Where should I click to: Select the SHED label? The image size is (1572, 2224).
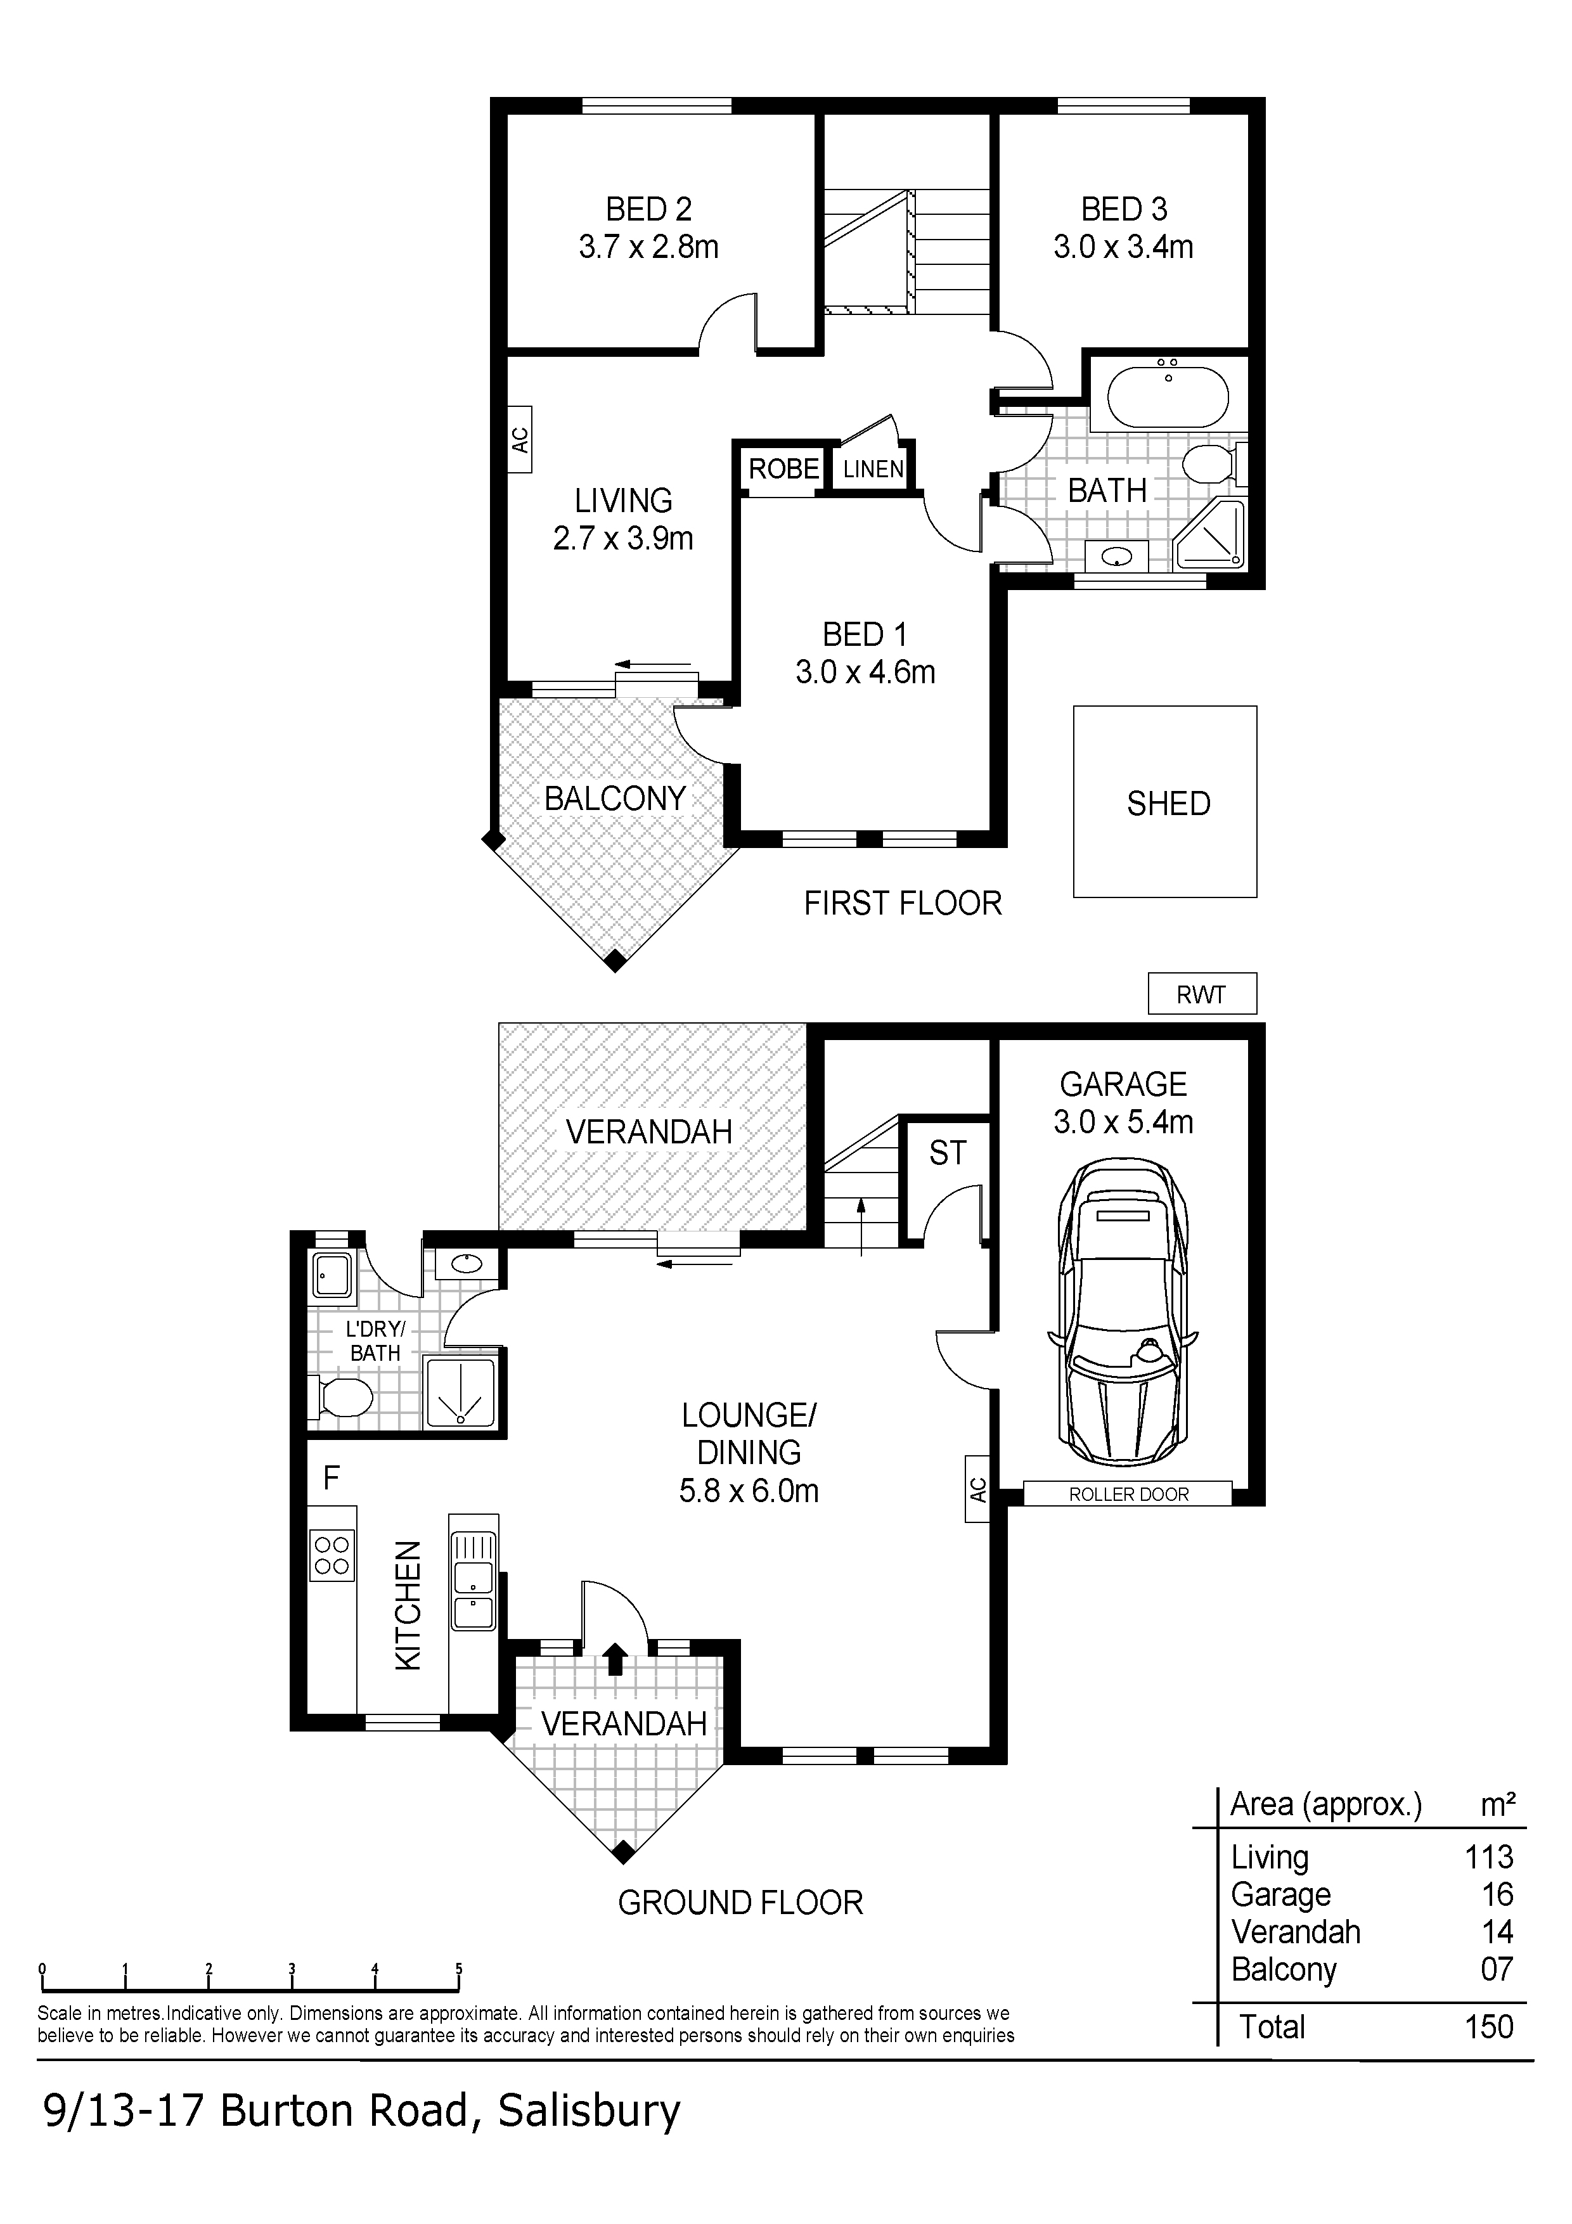point(1168,803)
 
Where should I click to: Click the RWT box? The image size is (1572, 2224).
point(1201,994)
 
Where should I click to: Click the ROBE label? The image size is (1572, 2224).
point(783,469)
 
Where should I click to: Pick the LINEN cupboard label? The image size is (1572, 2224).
point(873,470)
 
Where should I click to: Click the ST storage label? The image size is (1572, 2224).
point(947,1153)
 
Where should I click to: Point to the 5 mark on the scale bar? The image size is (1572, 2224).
point(459,1967)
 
